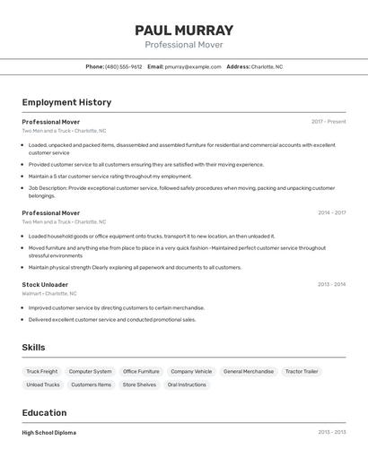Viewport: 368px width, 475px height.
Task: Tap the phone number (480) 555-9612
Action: point(124,66)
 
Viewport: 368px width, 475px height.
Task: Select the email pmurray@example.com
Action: point(193,66)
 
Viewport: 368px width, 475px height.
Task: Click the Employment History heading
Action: point(66,102)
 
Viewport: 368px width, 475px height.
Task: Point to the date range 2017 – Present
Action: point(329,122)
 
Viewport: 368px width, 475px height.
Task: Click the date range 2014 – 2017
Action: point(331,213)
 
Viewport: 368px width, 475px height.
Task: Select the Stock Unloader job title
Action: point(45,284)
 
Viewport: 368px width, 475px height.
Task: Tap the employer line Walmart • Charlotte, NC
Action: point(49,293)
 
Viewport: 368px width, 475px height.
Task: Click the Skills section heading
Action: point(33,348)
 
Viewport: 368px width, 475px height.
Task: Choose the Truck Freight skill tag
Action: point(42,371)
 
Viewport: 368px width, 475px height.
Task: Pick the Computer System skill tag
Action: point(91,371)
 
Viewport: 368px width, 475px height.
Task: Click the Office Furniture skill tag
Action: point(141,371)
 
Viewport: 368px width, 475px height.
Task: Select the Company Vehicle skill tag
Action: point(191,371)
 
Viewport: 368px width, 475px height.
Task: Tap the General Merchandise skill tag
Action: point(249,371)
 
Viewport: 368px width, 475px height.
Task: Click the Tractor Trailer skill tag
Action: point(302,371)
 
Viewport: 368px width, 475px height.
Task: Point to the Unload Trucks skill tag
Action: point(43,384)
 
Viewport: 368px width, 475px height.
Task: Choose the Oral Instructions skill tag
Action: point(187,384)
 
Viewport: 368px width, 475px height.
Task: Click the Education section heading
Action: point(44,413)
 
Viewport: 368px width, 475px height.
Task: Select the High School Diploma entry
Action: point(49,433)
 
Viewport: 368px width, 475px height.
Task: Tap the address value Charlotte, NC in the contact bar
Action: point(267,66)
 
